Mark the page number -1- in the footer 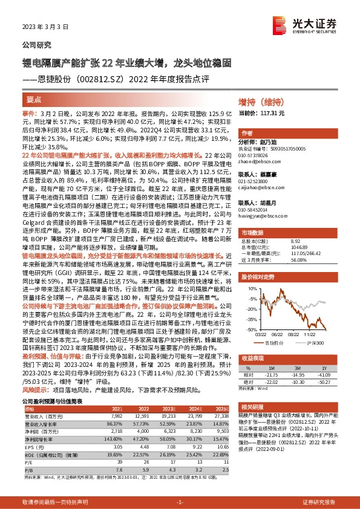[180, 503]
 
